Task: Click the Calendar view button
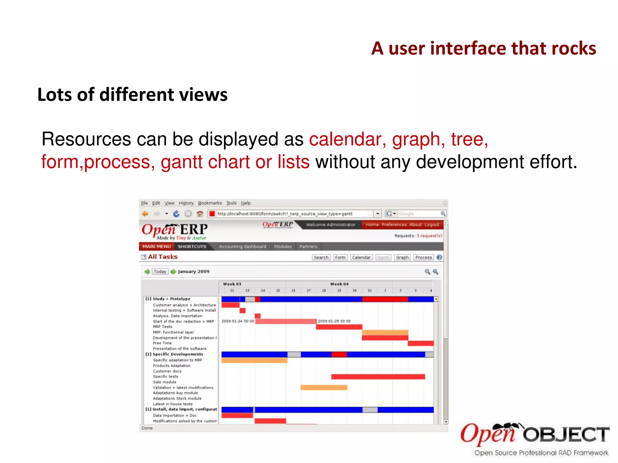[x=361, y=257]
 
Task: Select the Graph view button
[x=402, y=257]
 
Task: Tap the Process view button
[x=423, y=257]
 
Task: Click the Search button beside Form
[x=321, y=257]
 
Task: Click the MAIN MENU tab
[x=156, y=247]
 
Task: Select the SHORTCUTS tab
[x=192, y=247]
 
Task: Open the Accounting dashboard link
[x=243, y=247]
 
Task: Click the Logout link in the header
[x=432, y=225]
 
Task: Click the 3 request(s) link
[x=429, y=236]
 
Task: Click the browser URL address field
[x=290, y=214]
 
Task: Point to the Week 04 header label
[x=339, y=284]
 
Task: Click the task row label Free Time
[x=162, y=343]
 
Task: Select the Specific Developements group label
[x=177, y=354]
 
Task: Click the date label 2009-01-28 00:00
[x=334, y=321]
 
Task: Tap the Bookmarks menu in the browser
[x=210, y=203]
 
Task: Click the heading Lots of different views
[x=132, y=95]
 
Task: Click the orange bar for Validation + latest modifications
[x=324, y=388]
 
